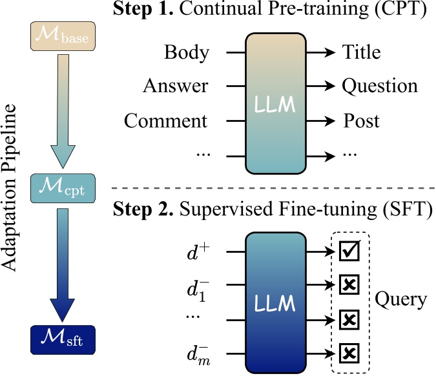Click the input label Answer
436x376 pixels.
coord(176,86)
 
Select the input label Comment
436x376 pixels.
coord(166,121)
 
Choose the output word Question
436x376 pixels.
coord(380,86)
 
